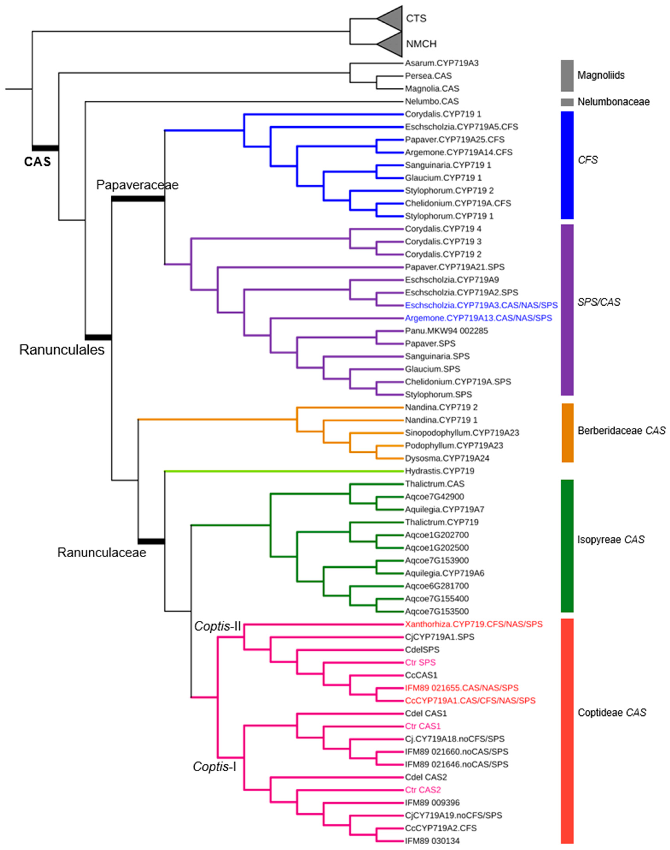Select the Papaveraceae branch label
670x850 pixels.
coord(137,185)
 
